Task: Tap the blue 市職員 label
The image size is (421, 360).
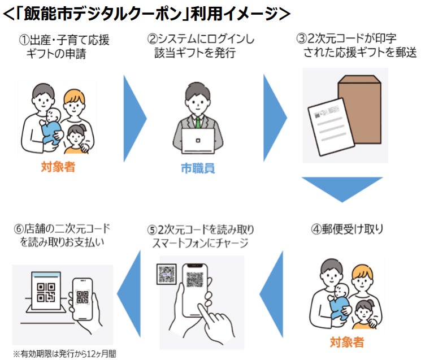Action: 198,168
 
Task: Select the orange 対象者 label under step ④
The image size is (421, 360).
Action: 347,342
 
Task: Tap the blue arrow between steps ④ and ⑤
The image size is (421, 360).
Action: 271,294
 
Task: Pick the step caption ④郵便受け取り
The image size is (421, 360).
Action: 348,230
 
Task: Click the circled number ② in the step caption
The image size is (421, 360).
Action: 151,40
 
